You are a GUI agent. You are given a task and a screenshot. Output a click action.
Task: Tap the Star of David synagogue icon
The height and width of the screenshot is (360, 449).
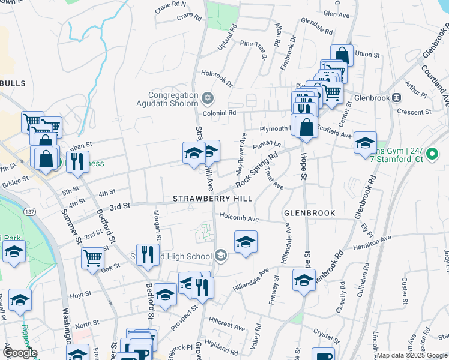pos(208,98)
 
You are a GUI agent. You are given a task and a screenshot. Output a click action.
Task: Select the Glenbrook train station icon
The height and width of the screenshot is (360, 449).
pos(396,98)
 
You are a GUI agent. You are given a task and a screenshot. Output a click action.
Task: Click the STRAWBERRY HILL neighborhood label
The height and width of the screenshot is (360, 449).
pos(212,198)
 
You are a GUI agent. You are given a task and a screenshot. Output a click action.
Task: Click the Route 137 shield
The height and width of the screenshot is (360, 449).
pos(29,212)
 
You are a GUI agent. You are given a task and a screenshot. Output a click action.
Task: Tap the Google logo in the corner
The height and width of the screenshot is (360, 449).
pos(20,353)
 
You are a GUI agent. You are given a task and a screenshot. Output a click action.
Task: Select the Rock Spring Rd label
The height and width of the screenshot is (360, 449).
pos(256,170)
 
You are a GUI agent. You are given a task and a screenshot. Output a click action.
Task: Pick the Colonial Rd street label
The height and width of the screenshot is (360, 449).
pos(219,112)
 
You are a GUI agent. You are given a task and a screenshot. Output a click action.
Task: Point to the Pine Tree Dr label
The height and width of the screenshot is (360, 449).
pos(253,50)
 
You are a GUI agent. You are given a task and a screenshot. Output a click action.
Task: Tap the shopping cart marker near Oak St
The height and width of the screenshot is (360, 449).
pos(93,259)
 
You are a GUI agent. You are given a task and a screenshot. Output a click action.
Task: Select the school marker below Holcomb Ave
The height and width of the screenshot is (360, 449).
pos(245,242)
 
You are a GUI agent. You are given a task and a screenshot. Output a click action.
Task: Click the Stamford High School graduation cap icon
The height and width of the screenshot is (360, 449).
pos(221,256)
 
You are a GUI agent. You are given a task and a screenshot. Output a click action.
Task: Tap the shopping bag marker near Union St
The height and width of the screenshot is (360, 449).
pos(342,56)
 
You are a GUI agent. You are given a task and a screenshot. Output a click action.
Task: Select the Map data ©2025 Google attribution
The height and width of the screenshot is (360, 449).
pos(412,355)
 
